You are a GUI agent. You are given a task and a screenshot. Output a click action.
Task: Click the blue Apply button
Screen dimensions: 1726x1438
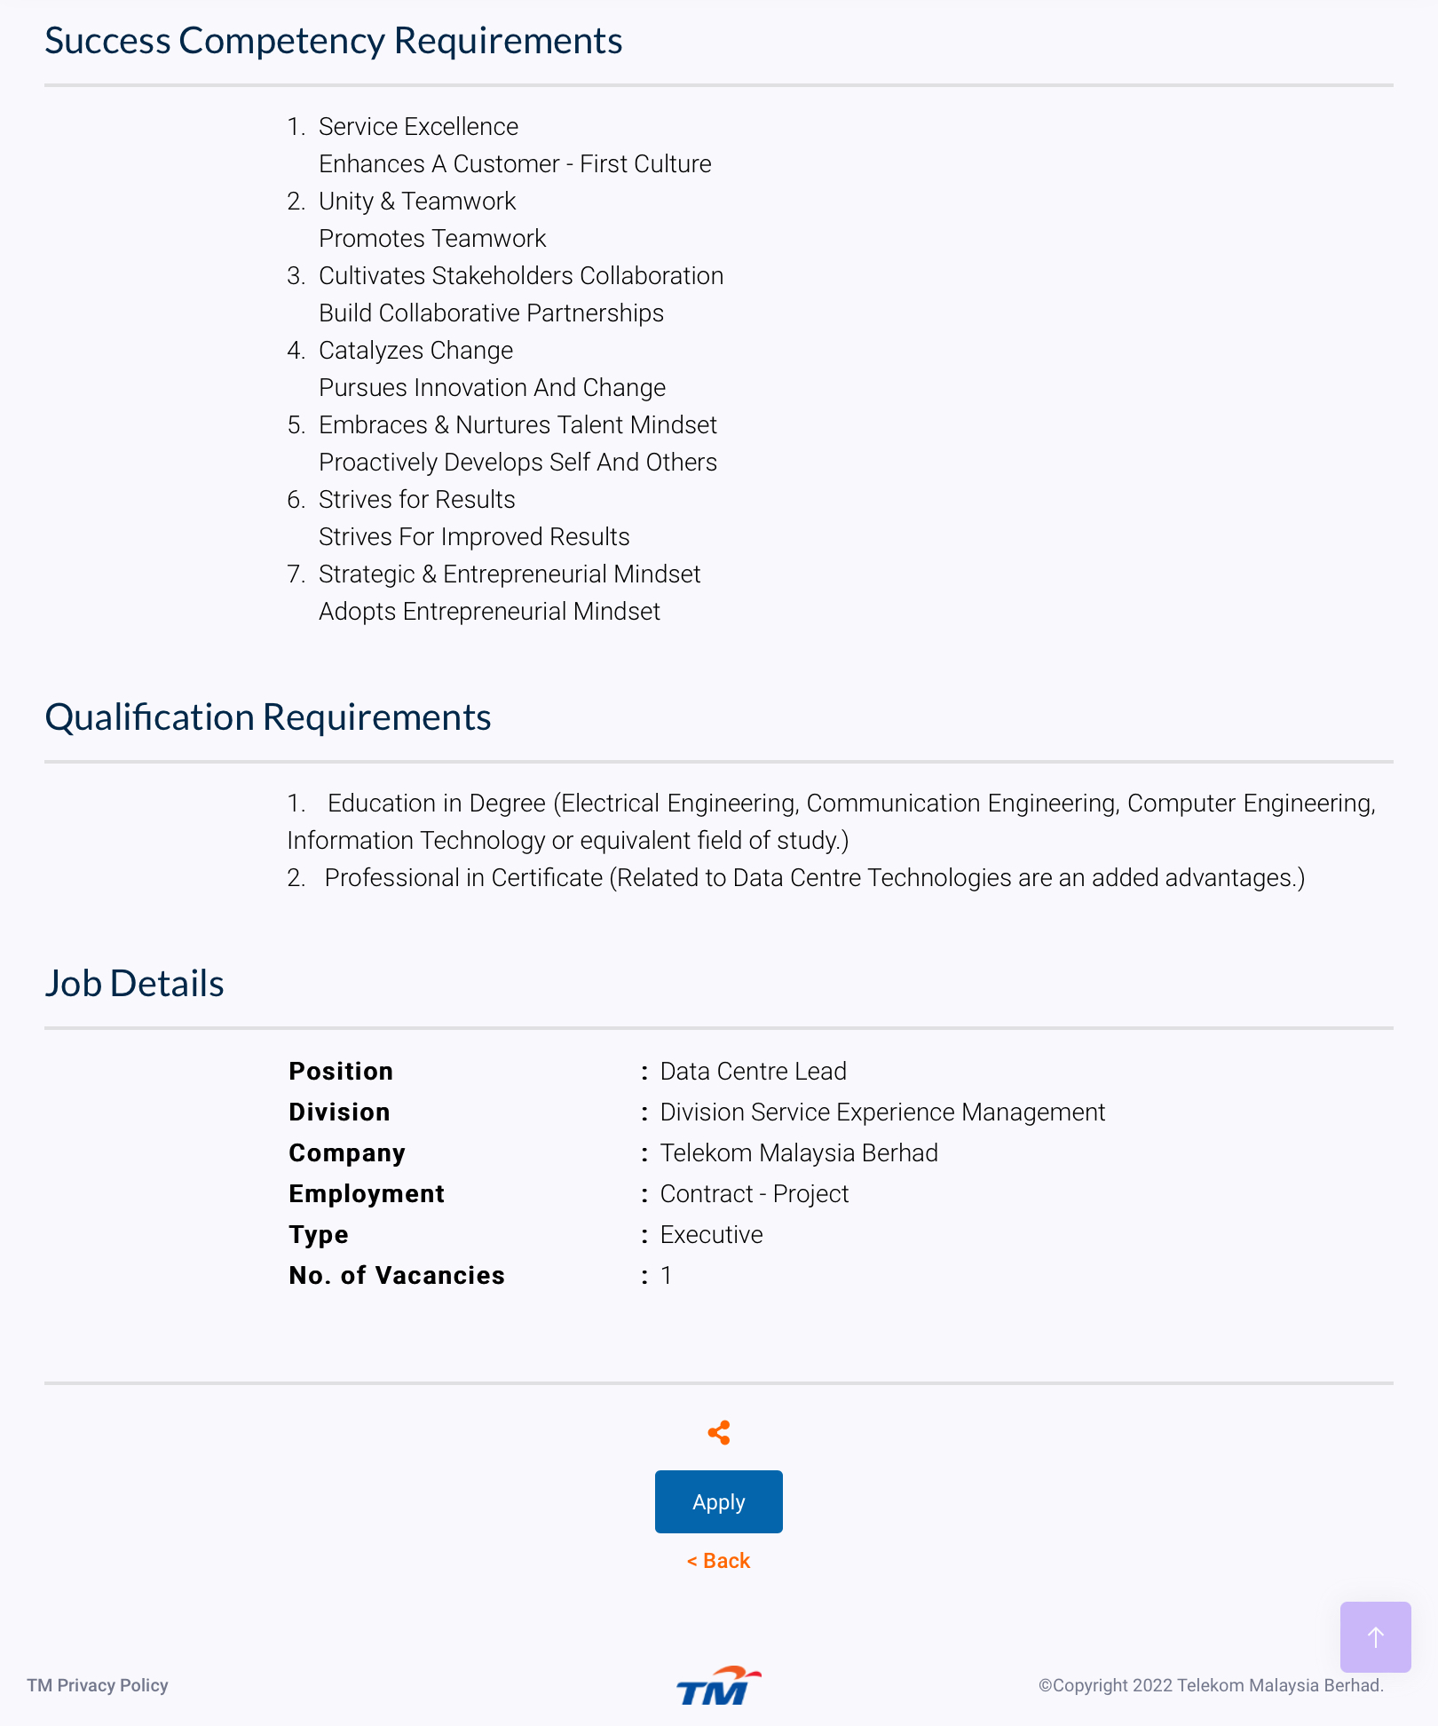(718, 1501)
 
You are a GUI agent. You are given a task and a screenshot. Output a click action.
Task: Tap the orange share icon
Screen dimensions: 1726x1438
(719, 1432)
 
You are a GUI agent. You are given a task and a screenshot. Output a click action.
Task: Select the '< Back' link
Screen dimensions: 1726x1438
(718, 1561)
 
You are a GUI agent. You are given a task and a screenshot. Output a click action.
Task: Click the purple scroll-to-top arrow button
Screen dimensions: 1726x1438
(1375, 1636)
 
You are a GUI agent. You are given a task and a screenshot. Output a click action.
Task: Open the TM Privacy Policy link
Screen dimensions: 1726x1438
(98, 1685)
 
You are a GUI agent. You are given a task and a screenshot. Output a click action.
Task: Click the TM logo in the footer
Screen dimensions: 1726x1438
(718, 1685)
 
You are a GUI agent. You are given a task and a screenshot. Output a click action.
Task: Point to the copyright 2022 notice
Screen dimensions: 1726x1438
(1211, 1685)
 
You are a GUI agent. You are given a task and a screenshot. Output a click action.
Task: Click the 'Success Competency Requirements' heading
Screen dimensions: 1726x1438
(334, 41)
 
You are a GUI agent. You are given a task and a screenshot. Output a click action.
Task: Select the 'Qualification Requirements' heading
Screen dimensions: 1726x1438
(268, 717)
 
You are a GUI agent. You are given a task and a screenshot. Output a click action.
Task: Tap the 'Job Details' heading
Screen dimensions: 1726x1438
(135, 984)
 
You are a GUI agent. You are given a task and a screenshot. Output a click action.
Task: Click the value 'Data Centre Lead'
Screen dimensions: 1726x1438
(753, 1071)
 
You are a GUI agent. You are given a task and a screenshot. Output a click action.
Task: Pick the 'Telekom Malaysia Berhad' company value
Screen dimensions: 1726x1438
(799, 1152)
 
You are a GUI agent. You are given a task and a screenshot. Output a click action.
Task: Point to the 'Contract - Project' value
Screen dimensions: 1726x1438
(755, 1193)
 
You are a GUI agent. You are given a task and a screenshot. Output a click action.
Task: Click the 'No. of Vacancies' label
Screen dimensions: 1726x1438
(397, 1275)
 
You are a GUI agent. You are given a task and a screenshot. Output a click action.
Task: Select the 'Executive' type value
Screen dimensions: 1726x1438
(711, 1234)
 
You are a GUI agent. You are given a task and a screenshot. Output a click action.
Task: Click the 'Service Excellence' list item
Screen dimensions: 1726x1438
(418, 127)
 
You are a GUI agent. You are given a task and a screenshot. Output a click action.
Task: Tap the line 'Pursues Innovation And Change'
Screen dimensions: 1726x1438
(492, 388)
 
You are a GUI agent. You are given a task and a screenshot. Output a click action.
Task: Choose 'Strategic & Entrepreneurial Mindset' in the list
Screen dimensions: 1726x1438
(510, 574)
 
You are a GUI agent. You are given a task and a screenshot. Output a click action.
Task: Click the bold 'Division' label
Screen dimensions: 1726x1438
(339, 1112)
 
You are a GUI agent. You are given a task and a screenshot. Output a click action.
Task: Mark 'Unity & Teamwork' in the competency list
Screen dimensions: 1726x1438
(417, 202)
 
